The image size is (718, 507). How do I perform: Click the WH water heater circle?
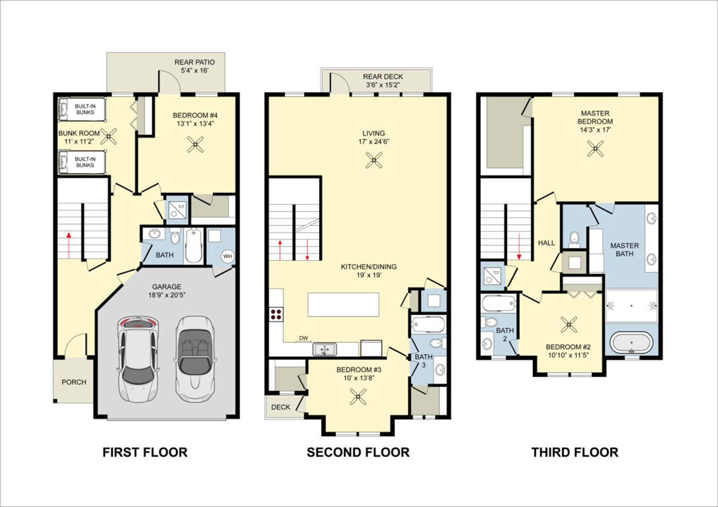pos(227,256)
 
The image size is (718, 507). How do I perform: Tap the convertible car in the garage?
pos(195,359)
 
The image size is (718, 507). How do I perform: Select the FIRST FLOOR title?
pos(145,452)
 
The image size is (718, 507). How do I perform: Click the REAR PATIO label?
pos(195,62)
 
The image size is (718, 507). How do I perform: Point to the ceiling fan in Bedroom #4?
pos(195,144)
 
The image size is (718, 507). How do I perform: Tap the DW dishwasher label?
pos(304,338)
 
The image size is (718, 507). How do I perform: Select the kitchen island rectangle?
pos(343,304)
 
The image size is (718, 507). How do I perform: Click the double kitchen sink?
pos(324,349)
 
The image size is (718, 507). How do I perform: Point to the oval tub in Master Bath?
pos(631,343)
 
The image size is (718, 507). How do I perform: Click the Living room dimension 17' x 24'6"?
pos(374,142)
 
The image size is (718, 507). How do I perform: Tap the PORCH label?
pos(74,382)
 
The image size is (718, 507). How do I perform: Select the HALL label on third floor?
pos(546,243)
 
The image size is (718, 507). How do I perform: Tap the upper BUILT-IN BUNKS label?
pos(85,109)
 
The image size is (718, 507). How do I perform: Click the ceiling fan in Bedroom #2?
pos(569,325)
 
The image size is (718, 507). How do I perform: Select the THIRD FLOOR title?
pos(575,452)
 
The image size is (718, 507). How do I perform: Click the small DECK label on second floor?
pos(281,407)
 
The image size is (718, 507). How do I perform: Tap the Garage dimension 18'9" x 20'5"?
pos(167,295)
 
